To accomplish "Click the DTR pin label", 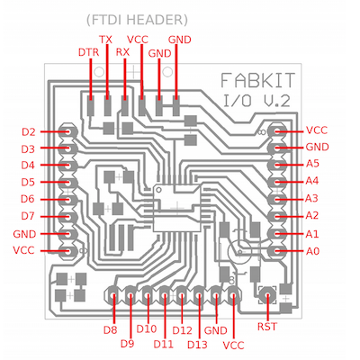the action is click(88, 52).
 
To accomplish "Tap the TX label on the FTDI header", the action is click(105, 40).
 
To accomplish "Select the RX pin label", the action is click(122, 52).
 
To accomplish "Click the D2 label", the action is click(29, 132).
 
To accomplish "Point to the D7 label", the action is click(28, 216).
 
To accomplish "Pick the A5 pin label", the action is click(312, 164).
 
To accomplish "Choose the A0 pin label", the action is click(312, 251).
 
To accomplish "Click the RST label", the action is click(267, 327).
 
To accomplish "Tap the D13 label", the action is click(197, 345).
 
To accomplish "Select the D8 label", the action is click(110, 330).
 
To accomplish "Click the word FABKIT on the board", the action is click(258, 80).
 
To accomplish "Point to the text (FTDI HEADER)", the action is click(137, 20).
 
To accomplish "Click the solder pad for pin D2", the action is click(67, 131).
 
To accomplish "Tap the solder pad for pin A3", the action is click(276, 199).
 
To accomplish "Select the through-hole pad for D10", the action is click(148, 293).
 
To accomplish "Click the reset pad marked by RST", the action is click(267, 295).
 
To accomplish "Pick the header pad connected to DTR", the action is click(90, 106).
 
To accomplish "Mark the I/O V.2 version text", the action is click(256, 101).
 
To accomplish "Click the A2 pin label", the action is click(312, 215).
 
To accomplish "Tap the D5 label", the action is click(28, 182).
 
